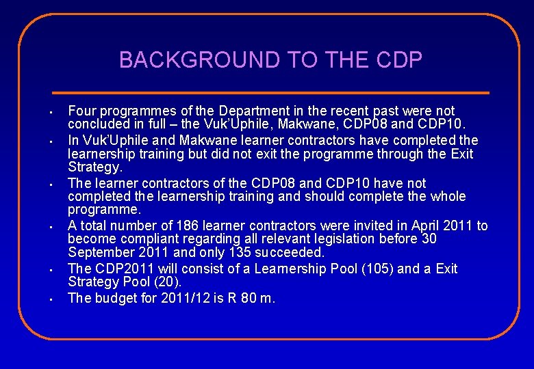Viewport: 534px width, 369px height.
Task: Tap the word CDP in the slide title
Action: click(399, 60)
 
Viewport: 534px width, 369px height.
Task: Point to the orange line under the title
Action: click(271, 92)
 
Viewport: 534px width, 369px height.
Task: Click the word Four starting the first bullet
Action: click(81, 111)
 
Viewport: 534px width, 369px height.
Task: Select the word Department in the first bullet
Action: click(251, 111)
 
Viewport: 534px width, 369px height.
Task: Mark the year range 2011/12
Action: click(179, 298)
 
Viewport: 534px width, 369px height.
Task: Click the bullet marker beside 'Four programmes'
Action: click(51, 111)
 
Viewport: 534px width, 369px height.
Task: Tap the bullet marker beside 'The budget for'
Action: click(51, 299)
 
